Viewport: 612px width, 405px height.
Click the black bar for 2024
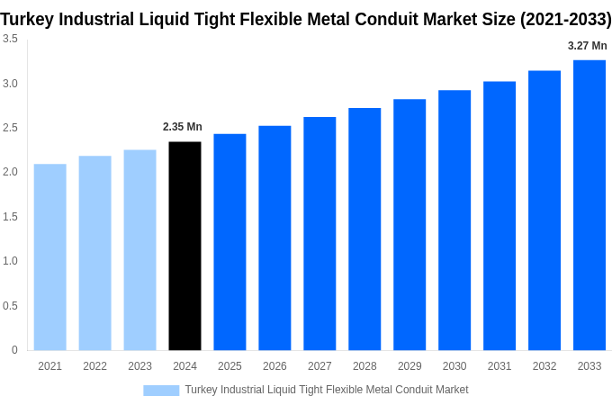(x=184, y=246)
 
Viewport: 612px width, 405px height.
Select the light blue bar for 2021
(x=50, y=256)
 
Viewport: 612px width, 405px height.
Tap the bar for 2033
(x=589, y=205)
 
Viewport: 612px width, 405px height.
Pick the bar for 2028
(x=364, y=229)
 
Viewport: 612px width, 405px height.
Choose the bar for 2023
(x=139, y=249)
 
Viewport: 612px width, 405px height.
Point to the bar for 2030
(x=454, y=220)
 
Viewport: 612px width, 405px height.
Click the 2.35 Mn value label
(x=183, y=127)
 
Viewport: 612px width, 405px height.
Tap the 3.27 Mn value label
(x=587, y=46)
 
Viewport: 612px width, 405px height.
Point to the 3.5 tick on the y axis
(x=10, y=39)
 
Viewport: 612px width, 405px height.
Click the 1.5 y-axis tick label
(x=10, y=217)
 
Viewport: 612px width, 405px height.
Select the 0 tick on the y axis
(x=14, y=350)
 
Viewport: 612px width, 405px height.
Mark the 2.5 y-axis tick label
(x=10, y=128)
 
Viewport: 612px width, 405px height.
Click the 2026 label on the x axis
(x=274, y=366)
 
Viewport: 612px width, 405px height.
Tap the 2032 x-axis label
(x=544, y=366)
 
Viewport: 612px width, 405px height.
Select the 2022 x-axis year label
(x=94, y=366)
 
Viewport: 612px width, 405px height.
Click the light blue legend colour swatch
(x=161, y=391)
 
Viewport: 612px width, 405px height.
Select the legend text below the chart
(x=326, y=390)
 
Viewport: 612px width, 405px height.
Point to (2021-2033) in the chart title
(x=565, y=19)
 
